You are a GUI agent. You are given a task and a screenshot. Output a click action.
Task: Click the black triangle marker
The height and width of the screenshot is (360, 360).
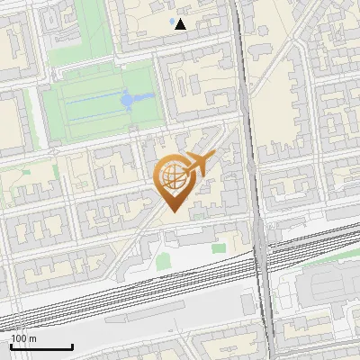[181, 24]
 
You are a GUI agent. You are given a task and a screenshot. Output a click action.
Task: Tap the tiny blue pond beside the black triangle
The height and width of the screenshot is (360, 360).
[171, 20]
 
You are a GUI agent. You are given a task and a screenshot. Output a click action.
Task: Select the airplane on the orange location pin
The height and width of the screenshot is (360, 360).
[199, 165]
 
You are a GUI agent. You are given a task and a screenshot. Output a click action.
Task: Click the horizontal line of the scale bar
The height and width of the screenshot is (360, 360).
[41, 346]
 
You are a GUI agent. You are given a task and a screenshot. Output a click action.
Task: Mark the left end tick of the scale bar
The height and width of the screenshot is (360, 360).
[11, 345]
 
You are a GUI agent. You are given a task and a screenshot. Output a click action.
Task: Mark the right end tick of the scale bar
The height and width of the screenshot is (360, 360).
[72, 345]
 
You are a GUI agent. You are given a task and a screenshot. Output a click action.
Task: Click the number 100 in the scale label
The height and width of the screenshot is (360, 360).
[18, 337]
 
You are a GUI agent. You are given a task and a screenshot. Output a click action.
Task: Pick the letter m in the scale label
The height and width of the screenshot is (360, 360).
[31, 337]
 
